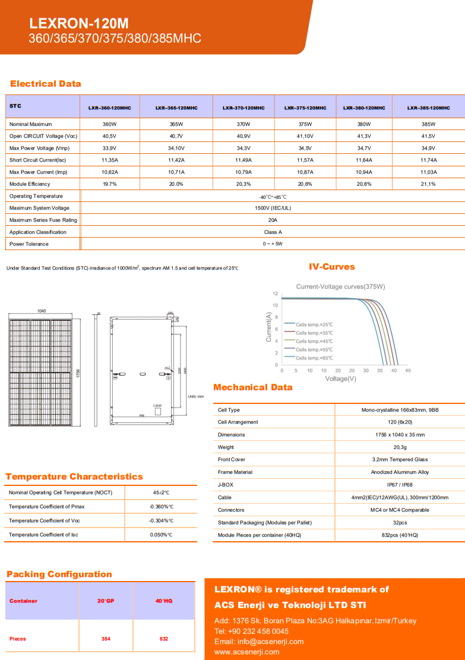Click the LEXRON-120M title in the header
tap(79, 24)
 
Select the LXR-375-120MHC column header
tap(305, 108)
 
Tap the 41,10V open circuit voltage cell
tap(305, 136)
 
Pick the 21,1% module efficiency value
tap(428, 184)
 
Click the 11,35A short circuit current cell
tap(110, 160)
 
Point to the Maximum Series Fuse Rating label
tap(43, 220)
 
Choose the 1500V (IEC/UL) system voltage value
tap(273, 208)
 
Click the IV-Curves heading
tap(332, 267)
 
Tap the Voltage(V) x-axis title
tap(340, 378)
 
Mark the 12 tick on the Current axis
tap(276, 293)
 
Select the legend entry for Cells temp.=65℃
tap(314, 358)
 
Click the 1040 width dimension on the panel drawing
tap(42, 311)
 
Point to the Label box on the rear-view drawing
tap(157, 406)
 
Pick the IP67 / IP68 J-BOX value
tap(400, 485)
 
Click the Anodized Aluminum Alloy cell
tap(400, 472)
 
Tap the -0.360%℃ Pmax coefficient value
tap(161, 507)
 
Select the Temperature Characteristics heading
tap(74, 476)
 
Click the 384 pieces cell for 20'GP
tap(106, 639)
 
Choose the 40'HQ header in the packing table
tap(163, 601)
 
